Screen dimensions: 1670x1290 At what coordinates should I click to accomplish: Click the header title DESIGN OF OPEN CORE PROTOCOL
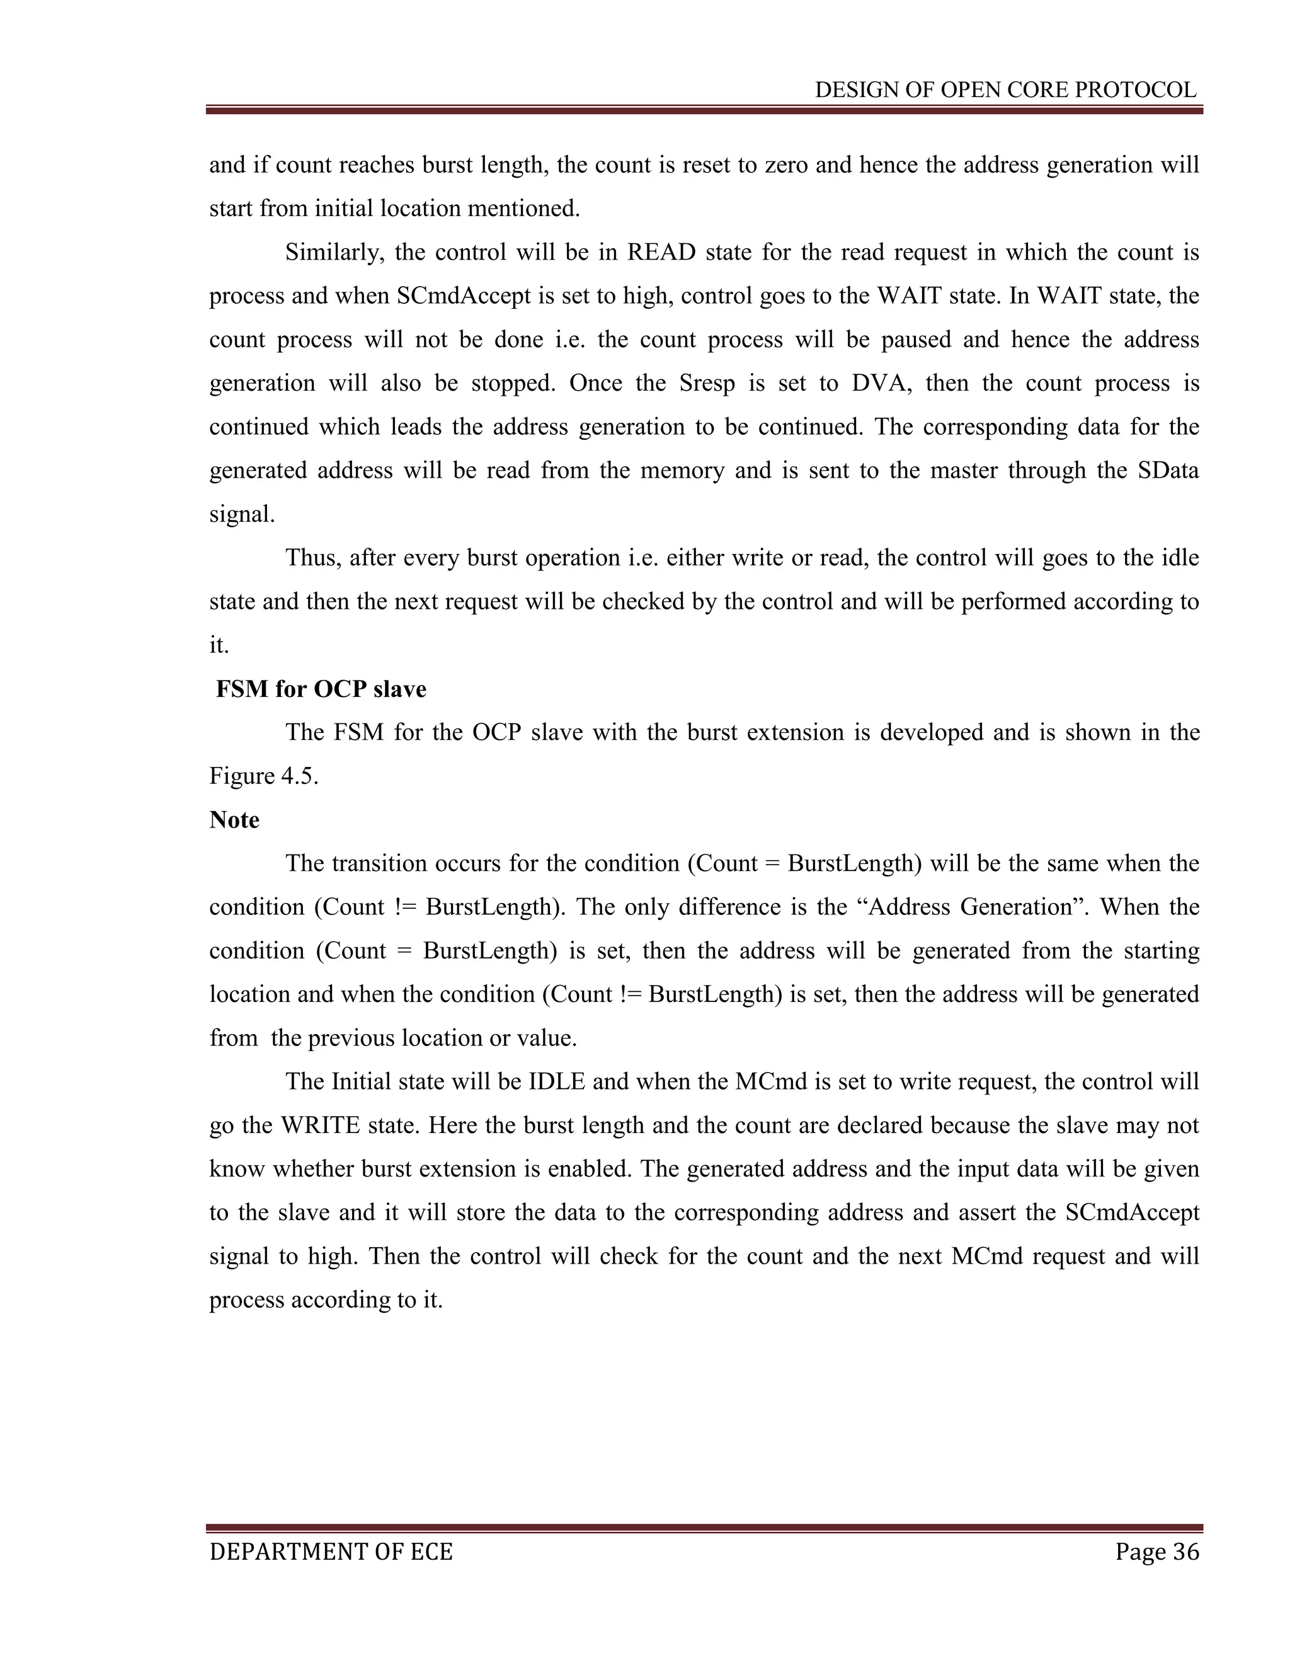pyautogui.click(x=1005, y=90)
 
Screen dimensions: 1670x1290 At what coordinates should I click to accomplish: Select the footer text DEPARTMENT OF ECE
pyautogui.click(x=331, y=1552)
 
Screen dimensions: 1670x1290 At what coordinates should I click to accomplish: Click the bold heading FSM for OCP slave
pyautogui.click(x=321, y=689)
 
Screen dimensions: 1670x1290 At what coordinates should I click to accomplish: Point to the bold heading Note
pyautogui.click(x=234, y=820)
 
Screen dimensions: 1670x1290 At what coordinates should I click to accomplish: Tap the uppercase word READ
pyautogui.click(x=661, y=252)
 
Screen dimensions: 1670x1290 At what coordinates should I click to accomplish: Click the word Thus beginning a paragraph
pyautogui.click(x=312, y=558)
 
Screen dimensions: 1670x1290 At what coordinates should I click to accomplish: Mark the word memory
pyautogui.click(x=682, y=470)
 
